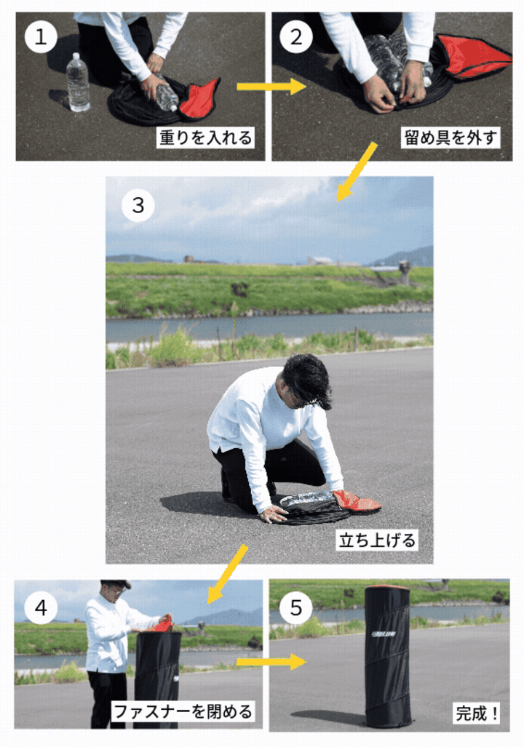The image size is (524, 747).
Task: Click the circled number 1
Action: point(41,37)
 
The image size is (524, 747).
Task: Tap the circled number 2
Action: point(296,37)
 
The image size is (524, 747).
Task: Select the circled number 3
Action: point(138,205)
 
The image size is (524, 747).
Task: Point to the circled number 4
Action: point(41,607)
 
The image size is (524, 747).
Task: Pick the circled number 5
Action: point(296,607)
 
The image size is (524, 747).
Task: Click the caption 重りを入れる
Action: point(205,137)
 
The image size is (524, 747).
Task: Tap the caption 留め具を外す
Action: point(450,137)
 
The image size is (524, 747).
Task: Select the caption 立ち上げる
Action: point(377,540)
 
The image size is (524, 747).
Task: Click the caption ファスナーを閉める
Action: point(183,711)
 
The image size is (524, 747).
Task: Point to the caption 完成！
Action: point(477,713)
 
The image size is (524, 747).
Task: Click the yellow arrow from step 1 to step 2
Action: point(271,87)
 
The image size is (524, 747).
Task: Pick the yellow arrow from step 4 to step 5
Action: point(271,662)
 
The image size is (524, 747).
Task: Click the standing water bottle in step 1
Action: point(78,82)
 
